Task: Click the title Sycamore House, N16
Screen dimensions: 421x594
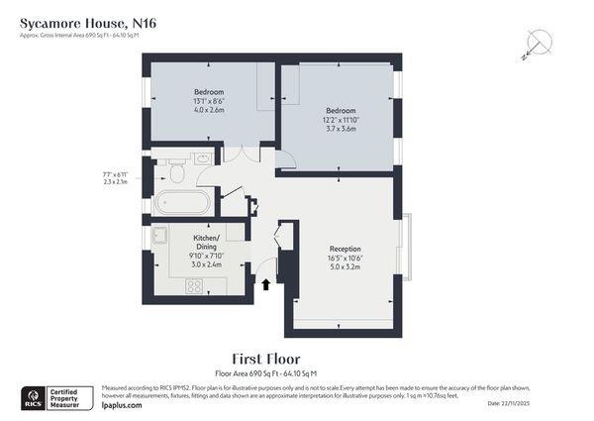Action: click(x=87, y=23)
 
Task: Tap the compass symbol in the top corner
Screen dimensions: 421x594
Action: click(x=538, y=42)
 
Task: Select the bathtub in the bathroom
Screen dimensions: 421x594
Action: click(x=183, y=202)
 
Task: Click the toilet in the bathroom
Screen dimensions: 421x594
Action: click(x=177, y=172)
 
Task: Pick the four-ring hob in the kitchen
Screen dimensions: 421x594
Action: click(x=194, y=286)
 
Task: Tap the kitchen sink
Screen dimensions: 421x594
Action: click(x=159, y=237)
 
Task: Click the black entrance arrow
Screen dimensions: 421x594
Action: click(x=265, y=285)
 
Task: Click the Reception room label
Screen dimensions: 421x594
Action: click(x=346, y=249)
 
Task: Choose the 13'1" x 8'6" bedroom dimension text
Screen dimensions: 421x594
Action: click(x=208, y=101)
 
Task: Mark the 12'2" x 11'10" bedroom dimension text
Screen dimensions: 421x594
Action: click(x=341, y=119)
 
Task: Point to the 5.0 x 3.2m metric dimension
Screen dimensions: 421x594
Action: click(x=346, y=267)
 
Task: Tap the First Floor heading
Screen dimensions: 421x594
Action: click(x=265, y=358)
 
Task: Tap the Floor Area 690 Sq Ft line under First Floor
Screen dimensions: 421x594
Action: click(x=265, y=372)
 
